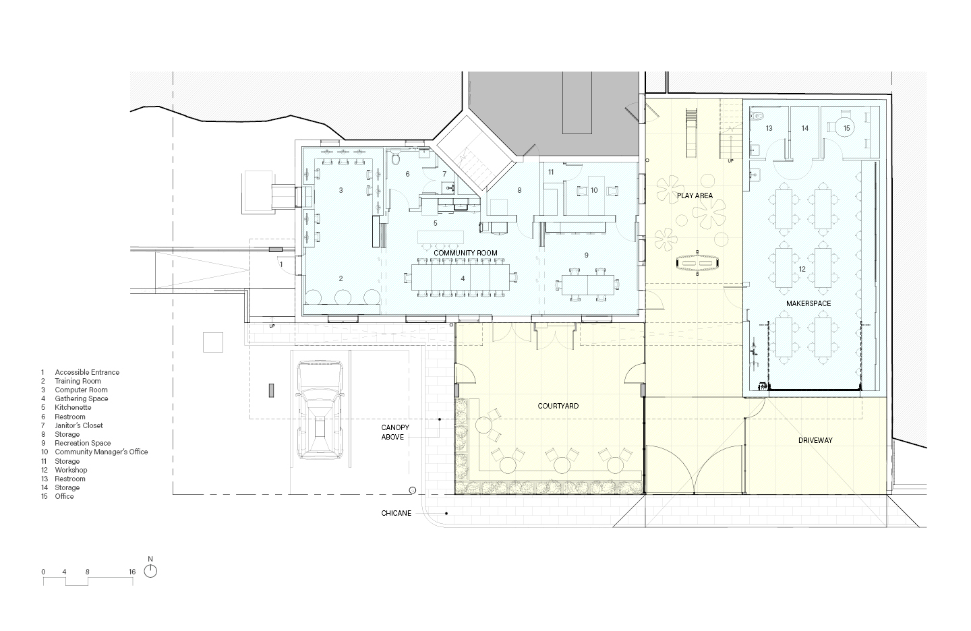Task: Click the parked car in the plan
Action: (320, 411)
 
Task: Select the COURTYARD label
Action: (558, 406)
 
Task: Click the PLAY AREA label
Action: (695, 196)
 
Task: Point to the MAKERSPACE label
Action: (808, 304)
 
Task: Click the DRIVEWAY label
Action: (815, 440)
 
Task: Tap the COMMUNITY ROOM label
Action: (465, 253)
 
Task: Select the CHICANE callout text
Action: (396, 513)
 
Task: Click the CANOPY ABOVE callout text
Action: (395, 432)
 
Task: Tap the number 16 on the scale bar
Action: (132, 572)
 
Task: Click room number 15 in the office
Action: (846, 128)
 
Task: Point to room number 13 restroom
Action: (769, 128)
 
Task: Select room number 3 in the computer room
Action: (341, 190)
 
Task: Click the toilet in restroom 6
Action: (395, 158)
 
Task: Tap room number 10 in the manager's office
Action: (594, 190)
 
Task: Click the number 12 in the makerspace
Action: (802, 269)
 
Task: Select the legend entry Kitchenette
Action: (73, 407)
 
